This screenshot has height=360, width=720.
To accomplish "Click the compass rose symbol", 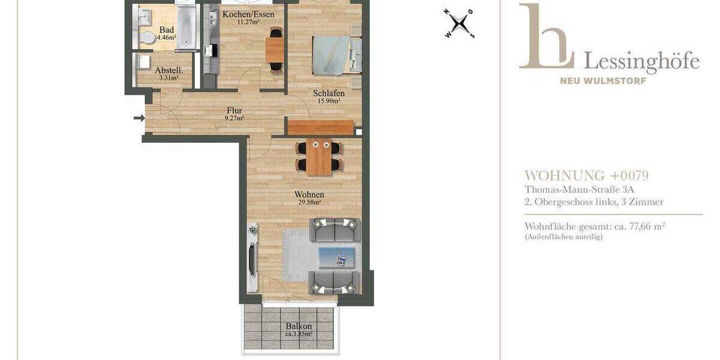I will pos(459,24).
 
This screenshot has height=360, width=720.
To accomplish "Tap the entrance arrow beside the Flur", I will pos(139,118).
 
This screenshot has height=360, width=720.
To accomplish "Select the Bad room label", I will pos(166,29).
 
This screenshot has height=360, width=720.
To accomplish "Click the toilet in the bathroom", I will pos(145,37).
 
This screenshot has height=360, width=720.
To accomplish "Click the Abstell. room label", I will pos(168,70).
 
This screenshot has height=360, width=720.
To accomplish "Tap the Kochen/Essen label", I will pos(248,14).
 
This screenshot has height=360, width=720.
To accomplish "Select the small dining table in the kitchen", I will pos(275,50).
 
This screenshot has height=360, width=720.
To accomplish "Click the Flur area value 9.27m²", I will pos(233,118).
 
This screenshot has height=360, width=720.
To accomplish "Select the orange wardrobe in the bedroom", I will pos(320,127).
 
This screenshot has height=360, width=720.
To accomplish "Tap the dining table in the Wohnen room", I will pos(319,157).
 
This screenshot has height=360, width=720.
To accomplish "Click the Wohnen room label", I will pos(309,195).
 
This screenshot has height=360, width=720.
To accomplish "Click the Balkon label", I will pos(298,326).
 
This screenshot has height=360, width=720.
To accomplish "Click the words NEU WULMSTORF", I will pos(603,81).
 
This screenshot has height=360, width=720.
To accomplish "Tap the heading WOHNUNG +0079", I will pos(586,176).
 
